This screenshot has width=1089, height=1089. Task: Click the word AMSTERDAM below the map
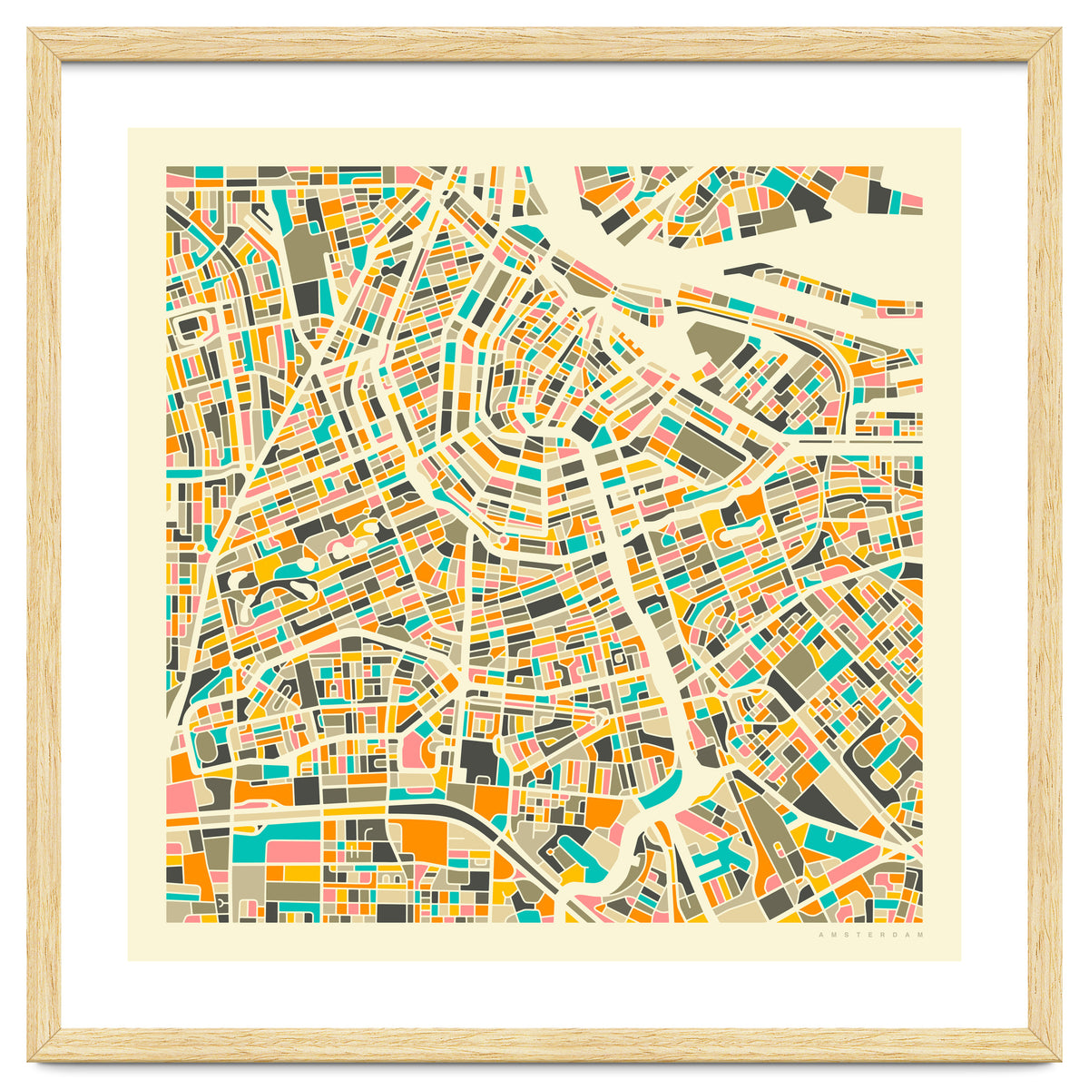pos(870,935)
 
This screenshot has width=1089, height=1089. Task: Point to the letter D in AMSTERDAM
pos(897,935)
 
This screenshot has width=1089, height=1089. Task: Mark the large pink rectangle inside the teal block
pos(292,851)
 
